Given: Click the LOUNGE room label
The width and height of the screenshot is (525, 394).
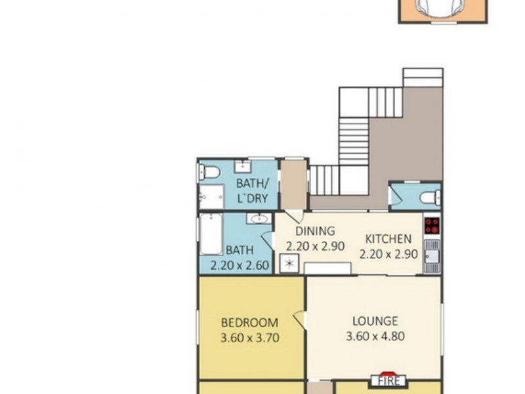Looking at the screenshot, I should pos(375,321).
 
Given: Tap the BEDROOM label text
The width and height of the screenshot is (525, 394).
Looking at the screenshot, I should pos(249,322).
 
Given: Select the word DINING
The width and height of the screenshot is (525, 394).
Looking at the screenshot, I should pos(315,231).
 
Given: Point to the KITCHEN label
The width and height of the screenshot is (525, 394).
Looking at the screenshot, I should pos(388,239).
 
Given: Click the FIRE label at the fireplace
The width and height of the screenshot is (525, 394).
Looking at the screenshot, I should pos(388,381).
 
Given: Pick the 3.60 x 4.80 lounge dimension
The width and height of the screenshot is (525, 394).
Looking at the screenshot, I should pos(375,337).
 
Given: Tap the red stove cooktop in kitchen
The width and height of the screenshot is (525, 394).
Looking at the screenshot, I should pos(432,226).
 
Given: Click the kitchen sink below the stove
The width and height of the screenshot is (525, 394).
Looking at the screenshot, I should pos(432,256).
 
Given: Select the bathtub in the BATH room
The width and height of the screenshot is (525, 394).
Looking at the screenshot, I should pos(211,234).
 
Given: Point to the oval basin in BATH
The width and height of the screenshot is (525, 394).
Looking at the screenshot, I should pos(257,219).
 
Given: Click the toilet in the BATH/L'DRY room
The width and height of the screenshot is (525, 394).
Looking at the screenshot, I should pos(209,173).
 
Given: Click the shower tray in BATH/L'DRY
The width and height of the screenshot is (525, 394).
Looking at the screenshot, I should pos(211,196).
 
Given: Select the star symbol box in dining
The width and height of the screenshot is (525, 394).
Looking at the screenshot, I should pos(288,265).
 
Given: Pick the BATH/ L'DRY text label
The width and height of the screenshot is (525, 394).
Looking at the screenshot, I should pos(252,190).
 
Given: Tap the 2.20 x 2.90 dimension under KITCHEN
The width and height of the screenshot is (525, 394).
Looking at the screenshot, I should pos(388,254).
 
